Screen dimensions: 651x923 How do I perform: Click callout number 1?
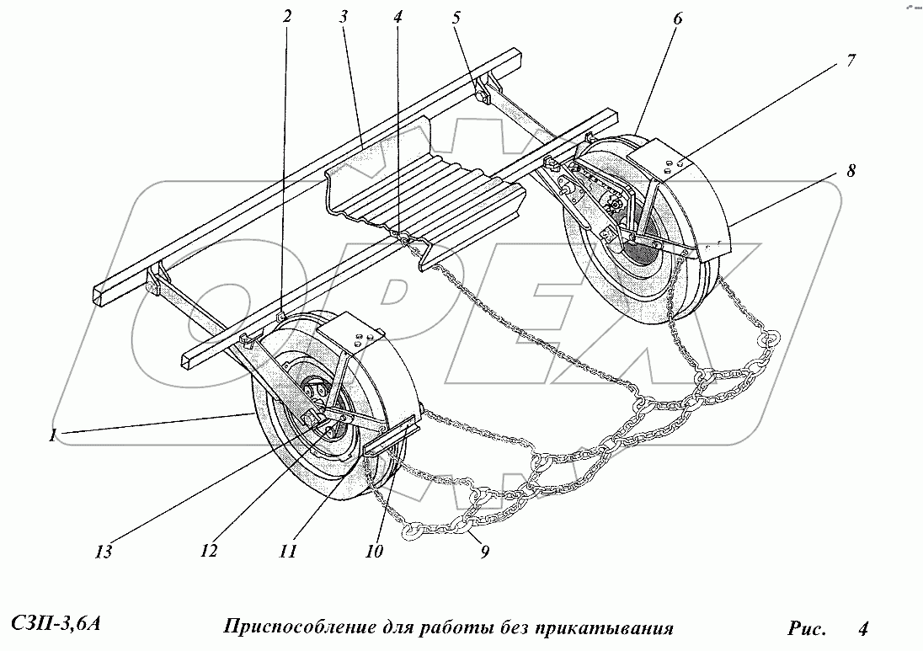(53, 435)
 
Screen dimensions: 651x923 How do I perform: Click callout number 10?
(374, 552)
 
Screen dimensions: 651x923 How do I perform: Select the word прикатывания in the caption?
(610, 627)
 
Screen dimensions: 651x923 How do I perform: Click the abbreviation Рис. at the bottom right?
(807, 627)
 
